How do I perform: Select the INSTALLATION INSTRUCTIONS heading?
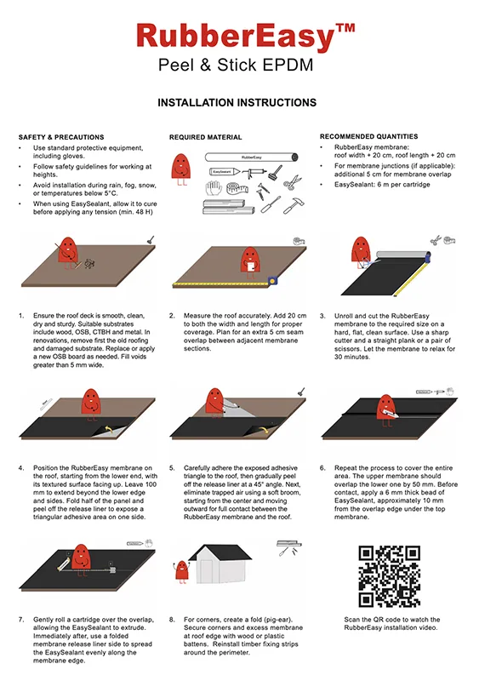[x=237, y=103]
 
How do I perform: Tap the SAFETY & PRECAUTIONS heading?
[x=61, y=137]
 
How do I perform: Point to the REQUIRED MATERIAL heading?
[x=205, y=137]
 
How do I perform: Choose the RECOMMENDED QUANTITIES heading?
[x=368, y=136]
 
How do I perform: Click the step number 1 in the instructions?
[x=21, y=316]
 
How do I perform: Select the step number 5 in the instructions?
[x=172, y=467]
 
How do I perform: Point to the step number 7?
[x=21, y=620]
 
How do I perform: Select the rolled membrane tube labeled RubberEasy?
[x=250, y=157]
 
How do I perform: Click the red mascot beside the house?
[x=180, y=579]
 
